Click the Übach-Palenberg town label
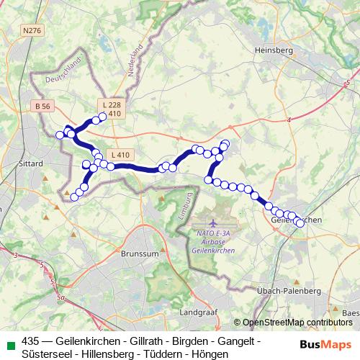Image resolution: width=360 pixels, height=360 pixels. [289, 290]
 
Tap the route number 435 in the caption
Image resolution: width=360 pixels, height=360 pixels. [30, 341]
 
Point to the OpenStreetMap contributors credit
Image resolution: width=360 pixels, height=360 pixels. [297, 323]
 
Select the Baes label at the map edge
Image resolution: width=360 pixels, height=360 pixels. [351, 312]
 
